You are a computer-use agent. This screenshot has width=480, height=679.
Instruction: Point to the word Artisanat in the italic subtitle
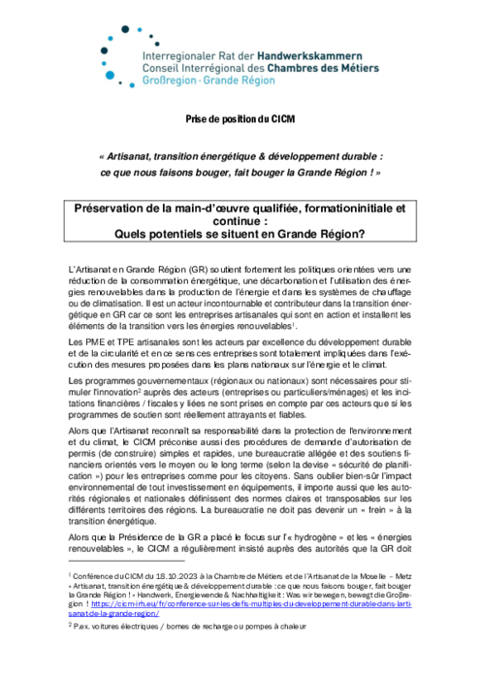tap(144, 154)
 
